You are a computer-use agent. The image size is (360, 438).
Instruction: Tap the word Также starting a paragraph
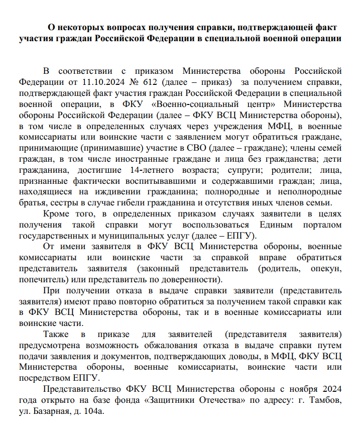coord(56,335)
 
